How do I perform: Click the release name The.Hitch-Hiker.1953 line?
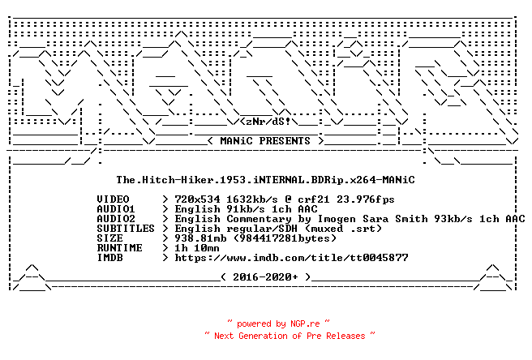coord(266,179)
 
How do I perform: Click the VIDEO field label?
coord(113,199)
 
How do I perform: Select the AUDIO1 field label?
coord(116,209)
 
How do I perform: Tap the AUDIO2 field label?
coord(116,219)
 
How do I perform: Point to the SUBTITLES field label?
coord(126,229)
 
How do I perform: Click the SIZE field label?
coord(110,238)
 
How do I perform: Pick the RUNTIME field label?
coord(119,248)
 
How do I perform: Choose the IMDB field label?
coord(110,258)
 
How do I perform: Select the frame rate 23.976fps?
coord(366,199)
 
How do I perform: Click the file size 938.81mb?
coord(201,238)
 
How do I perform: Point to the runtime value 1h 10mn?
coord(197,248)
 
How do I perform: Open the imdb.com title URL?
coord(291,258)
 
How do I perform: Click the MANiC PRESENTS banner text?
coord(265,141)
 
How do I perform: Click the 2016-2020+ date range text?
coord(265,277)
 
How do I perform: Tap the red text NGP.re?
coord(305,324)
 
